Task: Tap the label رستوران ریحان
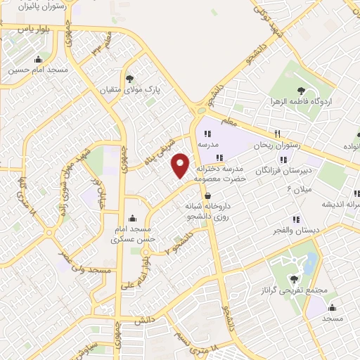click(278, 145)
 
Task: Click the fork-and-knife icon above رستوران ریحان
click(278, 133)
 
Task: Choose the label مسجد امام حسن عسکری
click(132, 234)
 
